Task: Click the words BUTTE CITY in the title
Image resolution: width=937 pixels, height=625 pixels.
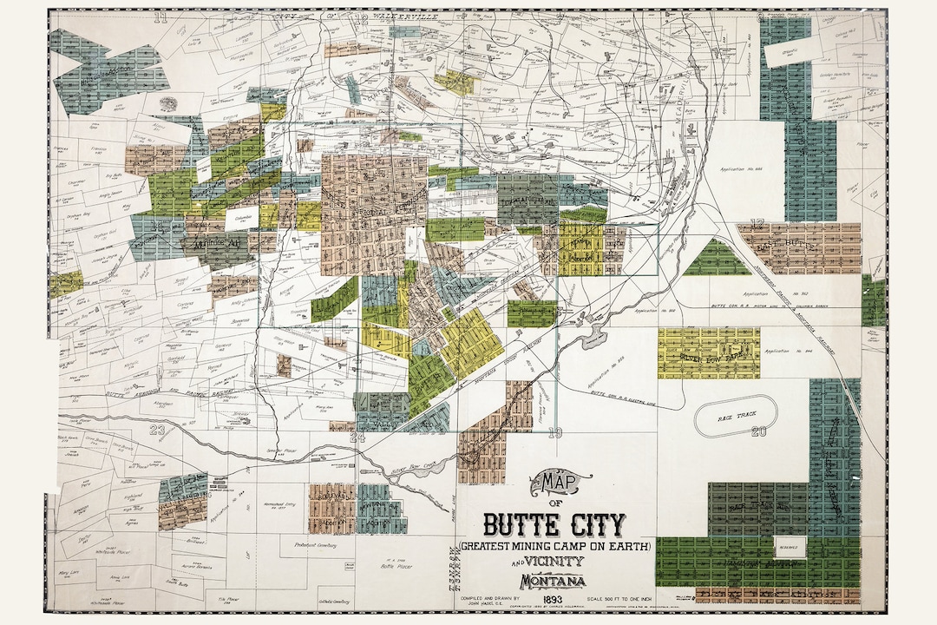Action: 554,524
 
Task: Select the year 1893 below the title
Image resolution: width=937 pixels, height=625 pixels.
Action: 554,599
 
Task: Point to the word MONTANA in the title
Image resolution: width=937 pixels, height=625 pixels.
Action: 553,581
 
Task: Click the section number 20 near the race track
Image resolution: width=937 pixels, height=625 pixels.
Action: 759,431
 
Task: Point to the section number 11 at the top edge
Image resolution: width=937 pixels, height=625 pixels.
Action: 160,16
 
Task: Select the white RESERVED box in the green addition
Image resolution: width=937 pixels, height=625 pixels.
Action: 790,547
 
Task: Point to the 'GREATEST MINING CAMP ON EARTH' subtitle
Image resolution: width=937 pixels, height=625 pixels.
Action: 556,546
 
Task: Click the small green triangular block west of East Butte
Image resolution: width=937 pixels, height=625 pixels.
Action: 717,259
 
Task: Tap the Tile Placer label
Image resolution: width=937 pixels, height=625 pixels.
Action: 229,599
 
